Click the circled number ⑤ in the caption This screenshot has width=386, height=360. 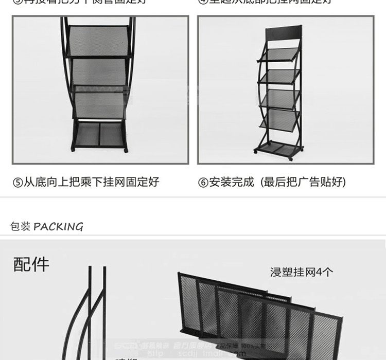click(18, 183)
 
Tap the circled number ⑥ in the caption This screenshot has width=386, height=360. click(203, 183)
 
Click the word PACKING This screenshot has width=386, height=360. click(58, 227)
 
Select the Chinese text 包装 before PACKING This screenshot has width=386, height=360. click(21, 227)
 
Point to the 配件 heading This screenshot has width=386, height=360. click(31, 264)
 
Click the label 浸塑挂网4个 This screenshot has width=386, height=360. click(302, 272)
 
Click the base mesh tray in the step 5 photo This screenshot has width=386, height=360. click(99, 135)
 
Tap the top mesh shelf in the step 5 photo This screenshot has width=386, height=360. click(99, 41)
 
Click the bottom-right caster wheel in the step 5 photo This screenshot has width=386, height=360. click(125, 151)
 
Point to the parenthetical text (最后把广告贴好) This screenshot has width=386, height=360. click(304, 183)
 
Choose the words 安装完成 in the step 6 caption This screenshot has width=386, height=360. click(232, 183)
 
